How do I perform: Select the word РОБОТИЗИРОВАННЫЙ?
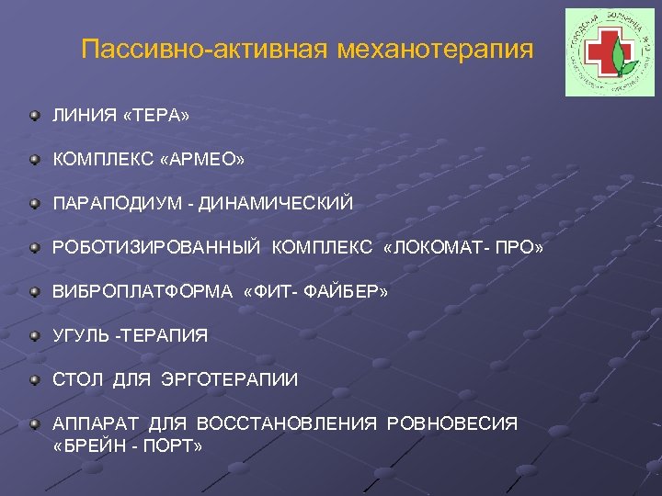coord(158,248)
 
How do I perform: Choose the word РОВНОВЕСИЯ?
coord(452,423)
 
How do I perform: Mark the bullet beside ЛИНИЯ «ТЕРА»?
coord(35,117)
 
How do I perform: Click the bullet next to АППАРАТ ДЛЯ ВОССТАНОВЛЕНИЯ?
coord(35,423)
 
